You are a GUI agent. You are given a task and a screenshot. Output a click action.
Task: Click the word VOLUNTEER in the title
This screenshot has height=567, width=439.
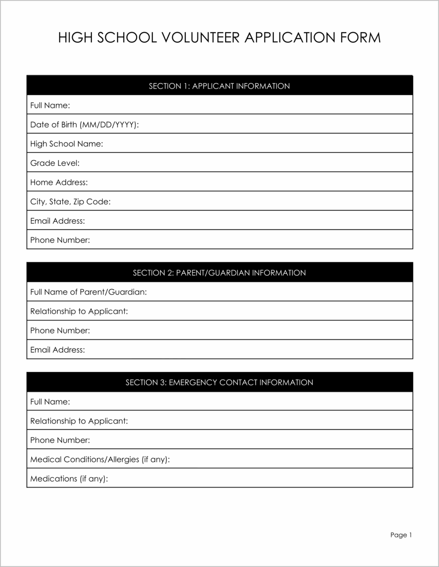(200, 38)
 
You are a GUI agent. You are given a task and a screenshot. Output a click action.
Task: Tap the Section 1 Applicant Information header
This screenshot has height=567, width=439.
(219, 86)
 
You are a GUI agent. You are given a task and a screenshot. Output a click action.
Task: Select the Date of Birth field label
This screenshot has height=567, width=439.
(84, 124)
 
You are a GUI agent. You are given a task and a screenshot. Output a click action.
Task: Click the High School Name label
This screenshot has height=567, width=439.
(67, 144)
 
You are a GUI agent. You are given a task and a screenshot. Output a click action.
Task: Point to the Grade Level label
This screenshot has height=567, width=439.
(55, 163)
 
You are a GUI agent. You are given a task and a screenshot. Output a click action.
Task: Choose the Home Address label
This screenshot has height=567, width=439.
(59, 182)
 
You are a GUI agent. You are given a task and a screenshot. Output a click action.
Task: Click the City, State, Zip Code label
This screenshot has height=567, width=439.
(70, 202)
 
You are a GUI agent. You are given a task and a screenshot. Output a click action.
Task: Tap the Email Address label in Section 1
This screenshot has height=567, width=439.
(58, 221)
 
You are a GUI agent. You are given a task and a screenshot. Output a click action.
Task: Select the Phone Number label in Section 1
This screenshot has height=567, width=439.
(60, 240)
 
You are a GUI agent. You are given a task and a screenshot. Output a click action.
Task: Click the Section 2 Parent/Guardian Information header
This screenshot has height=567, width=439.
(219, 273)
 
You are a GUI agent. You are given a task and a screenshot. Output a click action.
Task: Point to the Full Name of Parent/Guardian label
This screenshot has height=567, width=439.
(89, 292)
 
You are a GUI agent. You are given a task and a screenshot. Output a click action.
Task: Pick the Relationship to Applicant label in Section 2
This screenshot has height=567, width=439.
(79, 311)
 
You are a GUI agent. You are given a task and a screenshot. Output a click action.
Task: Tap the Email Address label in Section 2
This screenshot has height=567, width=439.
(58, 350)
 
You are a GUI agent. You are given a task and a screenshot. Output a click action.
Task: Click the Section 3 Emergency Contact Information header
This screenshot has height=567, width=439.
(219, 383)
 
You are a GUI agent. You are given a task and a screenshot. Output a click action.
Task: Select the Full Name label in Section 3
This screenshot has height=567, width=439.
(50, 402)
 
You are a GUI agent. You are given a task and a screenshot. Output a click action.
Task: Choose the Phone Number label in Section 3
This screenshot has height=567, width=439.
(60, 440)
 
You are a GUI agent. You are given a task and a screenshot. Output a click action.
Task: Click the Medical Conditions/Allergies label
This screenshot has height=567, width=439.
(100, 459)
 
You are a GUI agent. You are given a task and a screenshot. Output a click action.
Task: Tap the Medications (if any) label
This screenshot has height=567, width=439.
(69, 479)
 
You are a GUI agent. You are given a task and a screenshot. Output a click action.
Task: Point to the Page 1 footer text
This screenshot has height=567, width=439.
(401, 535)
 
